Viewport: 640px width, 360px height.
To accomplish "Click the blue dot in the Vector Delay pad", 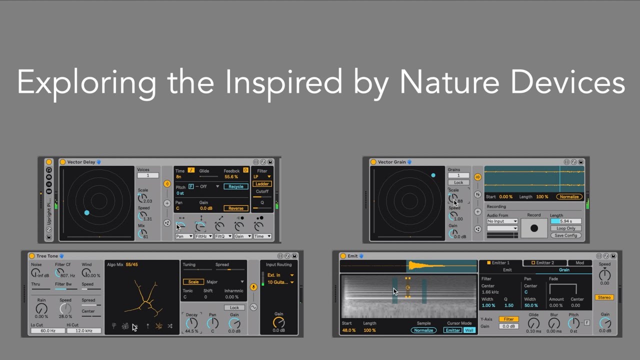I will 86,213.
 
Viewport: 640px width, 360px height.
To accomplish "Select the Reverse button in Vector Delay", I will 235,208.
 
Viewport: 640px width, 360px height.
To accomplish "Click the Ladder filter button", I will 261,184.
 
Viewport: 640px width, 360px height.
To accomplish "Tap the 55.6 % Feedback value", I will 231,177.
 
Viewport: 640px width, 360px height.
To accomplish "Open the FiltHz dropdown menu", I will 203,236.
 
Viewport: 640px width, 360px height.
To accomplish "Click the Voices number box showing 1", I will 147,175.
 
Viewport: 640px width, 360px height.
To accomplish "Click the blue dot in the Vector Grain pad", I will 433,175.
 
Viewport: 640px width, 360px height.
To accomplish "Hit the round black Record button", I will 534,228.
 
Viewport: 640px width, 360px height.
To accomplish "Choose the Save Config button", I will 565,235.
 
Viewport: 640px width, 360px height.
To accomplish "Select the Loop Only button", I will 565,228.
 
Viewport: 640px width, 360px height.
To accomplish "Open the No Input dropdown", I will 502,221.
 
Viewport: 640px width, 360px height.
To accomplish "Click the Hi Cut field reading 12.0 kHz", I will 83,330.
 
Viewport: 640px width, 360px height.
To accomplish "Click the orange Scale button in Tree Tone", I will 193,282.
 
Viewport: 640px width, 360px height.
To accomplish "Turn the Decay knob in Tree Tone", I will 191,323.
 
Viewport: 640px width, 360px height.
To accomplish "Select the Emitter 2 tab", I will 545,262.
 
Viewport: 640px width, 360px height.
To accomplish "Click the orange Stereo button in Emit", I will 604,297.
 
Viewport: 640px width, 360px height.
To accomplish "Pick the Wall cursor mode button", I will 469,330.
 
